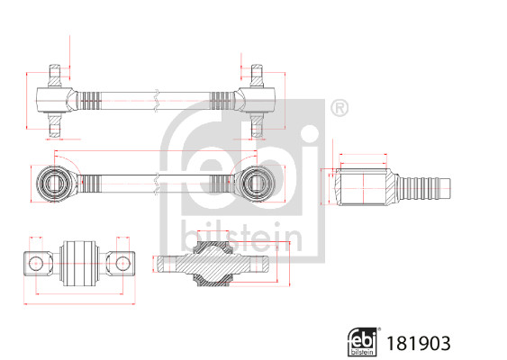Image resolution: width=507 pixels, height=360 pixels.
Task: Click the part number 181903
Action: pyautogui.click(x=417, y=343)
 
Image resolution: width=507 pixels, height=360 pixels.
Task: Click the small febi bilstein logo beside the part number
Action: pyautogui.click(x=362, y=342)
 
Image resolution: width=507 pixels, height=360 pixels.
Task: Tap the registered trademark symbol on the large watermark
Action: pyautogui.click(x=339, y=109)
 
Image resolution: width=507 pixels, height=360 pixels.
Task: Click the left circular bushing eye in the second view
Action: pyautogui.click(x=55, y=183)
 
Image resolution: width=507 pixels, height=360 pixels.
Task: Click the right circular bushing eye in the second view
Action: pyautogui.click(x=257, y=183)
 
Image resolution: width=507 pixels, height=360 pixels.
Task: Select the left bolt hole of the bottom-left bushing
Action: pyautogui.click(x=38, y=264)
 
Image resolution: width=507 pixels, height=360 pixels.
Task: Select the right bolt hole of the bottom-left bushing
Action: pyautogui.click(x=120, y=264)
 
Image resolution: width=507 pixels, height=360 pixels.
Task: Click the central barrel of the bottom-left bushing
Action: pyautogui.click(x=78, y=264)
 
